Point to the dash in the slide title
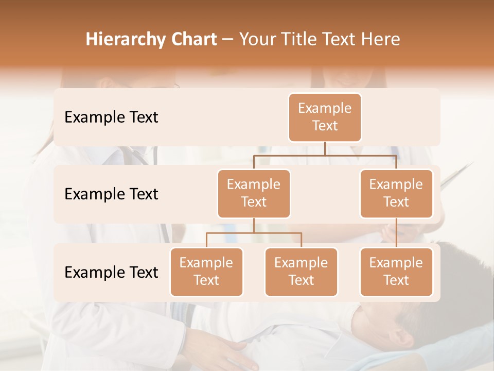(228, 40)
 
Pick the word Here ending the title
(380, 40)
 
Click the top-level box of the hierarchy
(325, 117)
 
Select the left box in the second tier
(254, 193)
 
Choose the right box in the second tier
(396, 193)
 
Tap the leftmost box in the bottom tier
(206, 272)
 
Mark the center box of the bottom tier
(301, 272)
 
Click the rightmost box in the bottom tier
(396, 272)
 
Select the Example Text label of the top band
(111, 117)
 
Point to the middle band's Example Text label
(111, 194)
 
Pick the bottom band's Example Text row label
(111, 272)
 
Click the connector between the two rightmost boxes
(396, 232)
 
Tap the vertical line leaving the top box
(325, 148)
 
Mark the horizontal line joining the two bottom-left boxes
(254, 233)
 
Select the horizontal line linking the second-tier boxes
(325, 155)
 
